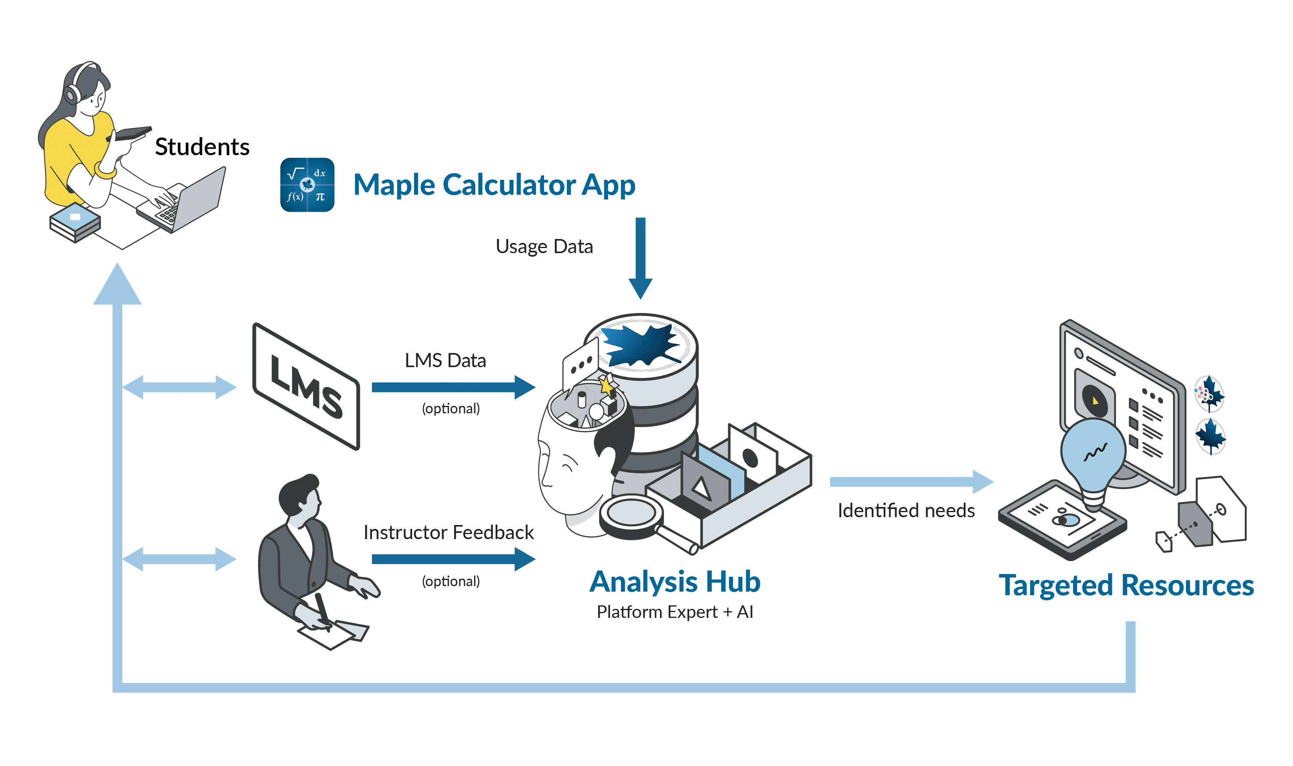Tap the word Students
202,147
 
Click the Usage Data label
544,247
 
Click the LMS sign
306,387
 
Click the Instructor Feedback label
448,532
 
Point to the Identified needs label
906,511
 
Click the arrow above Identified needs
911,482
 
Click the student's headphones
72,93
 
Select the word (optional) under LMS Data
451,409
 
